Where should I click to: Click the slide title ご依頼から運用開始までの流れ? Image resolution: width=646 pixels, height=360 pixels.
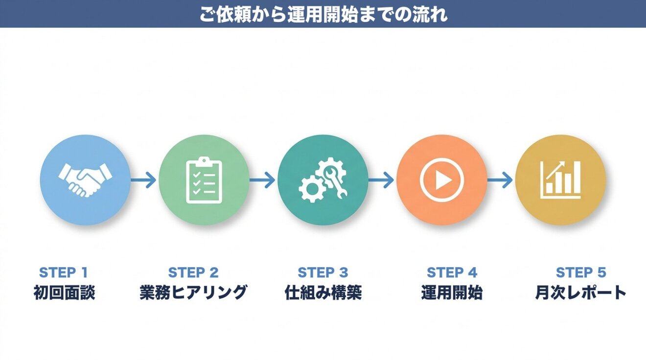[x=323, y=14]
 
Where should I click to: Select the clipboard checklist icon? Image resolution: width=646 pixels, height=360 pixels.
[x=204, y=180]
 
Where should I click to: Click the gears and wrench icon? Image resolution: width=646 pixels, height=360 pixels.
[x=323, y=180]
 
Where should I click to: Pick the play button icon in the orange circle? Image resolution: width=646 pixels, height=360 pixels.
[x=441, y=180]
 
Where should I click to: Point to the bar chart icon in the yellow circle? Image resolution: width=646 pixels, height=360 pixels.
[x=561, y=180]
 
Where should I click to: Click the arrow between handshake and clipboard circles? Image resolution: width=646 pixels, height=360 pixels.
[x=143, y=180]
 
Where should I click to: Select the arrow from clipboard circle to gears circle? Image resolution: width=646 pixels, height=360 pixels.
[x=263, y=180]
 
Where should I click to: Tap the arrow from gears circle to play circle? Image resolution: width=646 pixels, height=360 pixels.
[x=381, y=180]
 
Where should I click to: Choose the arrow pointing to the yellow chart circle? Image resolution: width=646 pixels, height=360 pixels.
[x=500, y=180]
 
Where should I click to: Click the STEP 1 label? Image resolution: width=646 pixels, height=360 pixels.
[x=63, y=272]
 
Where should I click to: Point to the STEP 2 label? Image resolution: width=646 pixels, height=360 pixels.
[x=193, y=272]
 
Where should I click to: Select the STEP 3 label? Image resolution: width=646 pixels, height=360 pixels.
[x=323, y=272]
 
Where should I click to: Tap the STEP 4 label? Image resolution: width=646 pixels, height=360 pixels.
[x=452, y=272]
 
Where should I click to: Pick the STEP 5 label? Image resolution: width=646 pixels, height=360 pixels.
[x=581, y=272]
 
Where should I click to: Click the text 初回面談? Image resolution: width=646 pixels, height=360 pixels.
[x=64, y=292]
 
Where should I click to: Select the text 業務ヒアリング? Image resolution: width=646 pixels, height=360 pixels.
[x=193, y=292]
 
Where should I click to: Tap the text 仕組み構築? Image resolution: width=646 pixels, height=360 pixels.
[x=323, y=292]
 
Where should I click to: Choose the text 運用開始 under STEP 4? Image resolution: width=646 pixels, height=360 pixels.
[x=452, y=292]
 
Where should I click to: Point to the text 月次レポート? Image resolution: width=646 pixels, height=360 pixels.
[x=581, y=292]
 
